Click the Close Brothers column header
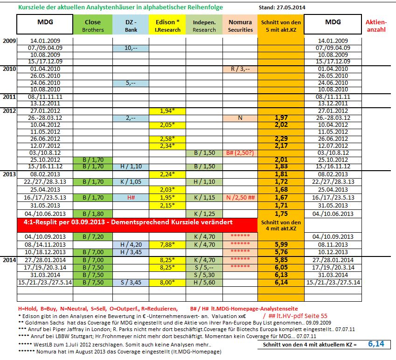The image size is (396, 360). (x=92, y=26)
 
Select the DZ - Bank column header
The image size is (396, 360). (x=130, y=26)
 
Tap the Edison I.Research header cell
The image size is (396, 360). (x=167, y=26)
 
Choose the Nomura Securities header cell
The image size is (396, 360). (x=240, y=26)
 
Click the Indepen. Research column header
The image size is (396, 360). (x=204, y=26)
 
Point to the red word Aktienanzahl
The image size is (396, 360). (x=376, y=26)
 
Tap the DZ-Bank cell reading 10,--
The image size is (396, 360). (x=130, y=48)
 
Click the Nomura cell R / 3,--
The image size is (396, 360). (x=240, y=69)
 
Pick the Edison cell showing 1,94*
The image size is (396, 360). (x=167, y=111)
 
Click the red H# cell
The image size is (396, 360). (x=130, y=198)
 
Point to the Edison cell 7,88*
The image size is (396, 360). (x=167, y=244)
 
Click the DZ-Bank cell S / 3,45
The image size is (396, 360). (x=130, y=282)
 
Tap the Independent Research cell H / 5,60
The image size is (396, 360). (x=204, y=282)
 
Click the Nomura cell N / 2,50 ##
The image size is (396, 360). (x=240, y=198)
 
